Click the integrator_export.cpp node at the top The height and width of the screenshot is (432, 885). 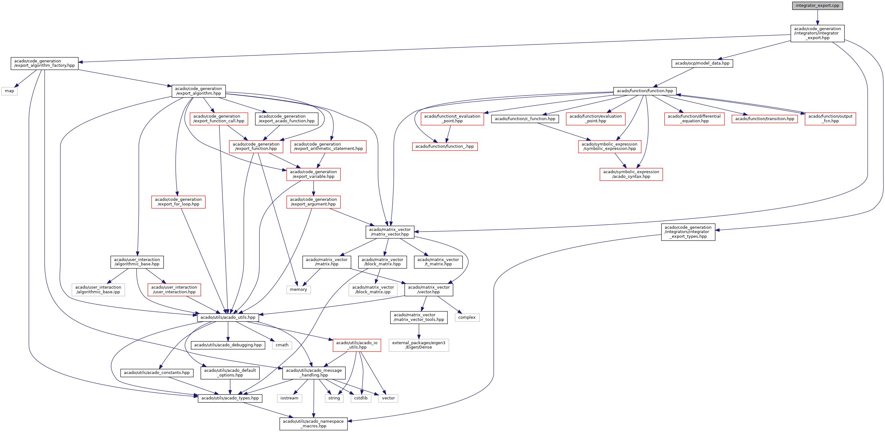(x=817, y=6)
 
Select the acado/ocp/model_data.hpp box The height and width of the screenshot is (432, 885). (x=702, y=63)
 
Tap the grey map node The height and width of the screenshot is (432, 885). (x=9, y=91)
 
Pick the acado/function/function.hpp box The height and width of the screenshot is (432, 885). (x=645, y=91)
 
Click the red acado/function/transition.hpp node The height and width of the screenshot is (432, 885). (x=764, y=119)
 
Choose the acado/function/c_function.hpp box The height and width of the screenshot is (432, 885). (x=525, y=119)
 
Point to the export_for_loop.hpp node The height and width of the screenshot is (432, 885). (x=178, y=202)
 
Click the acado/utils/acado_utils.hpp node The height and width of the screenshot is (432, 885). (x=228, y=317)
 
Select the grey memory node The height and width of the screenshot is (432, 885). (x=298, y=290)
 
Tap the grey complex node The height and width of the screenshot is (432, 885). (x=467, y=317)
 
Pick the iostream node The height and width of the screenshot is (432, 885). (x=289, y=398)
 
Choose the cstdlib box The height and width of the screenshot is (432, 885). (x=361, y=398)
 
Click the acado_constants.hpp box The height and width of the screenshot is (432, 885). (x=157, y=373)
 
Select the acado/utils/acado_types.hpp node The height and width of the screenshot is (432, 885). (x=230, y=398)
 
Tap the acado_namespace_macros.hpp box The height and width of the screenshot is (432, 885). (x=313, y=424)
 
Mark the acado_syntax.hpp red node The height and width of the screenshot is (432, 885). (x=631, y=174)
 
